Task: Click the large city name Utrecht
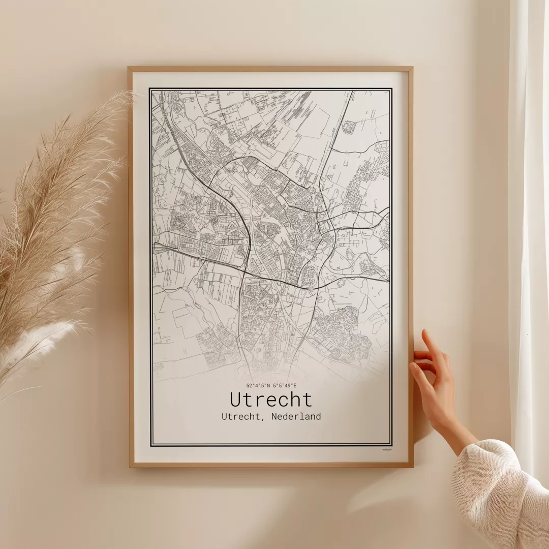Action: [271, 400]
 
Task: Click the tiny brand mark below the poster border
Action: [387, 449]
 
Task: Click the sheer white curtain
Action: [529, 203]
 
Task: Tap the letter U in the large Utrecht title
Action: [236, 400]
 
